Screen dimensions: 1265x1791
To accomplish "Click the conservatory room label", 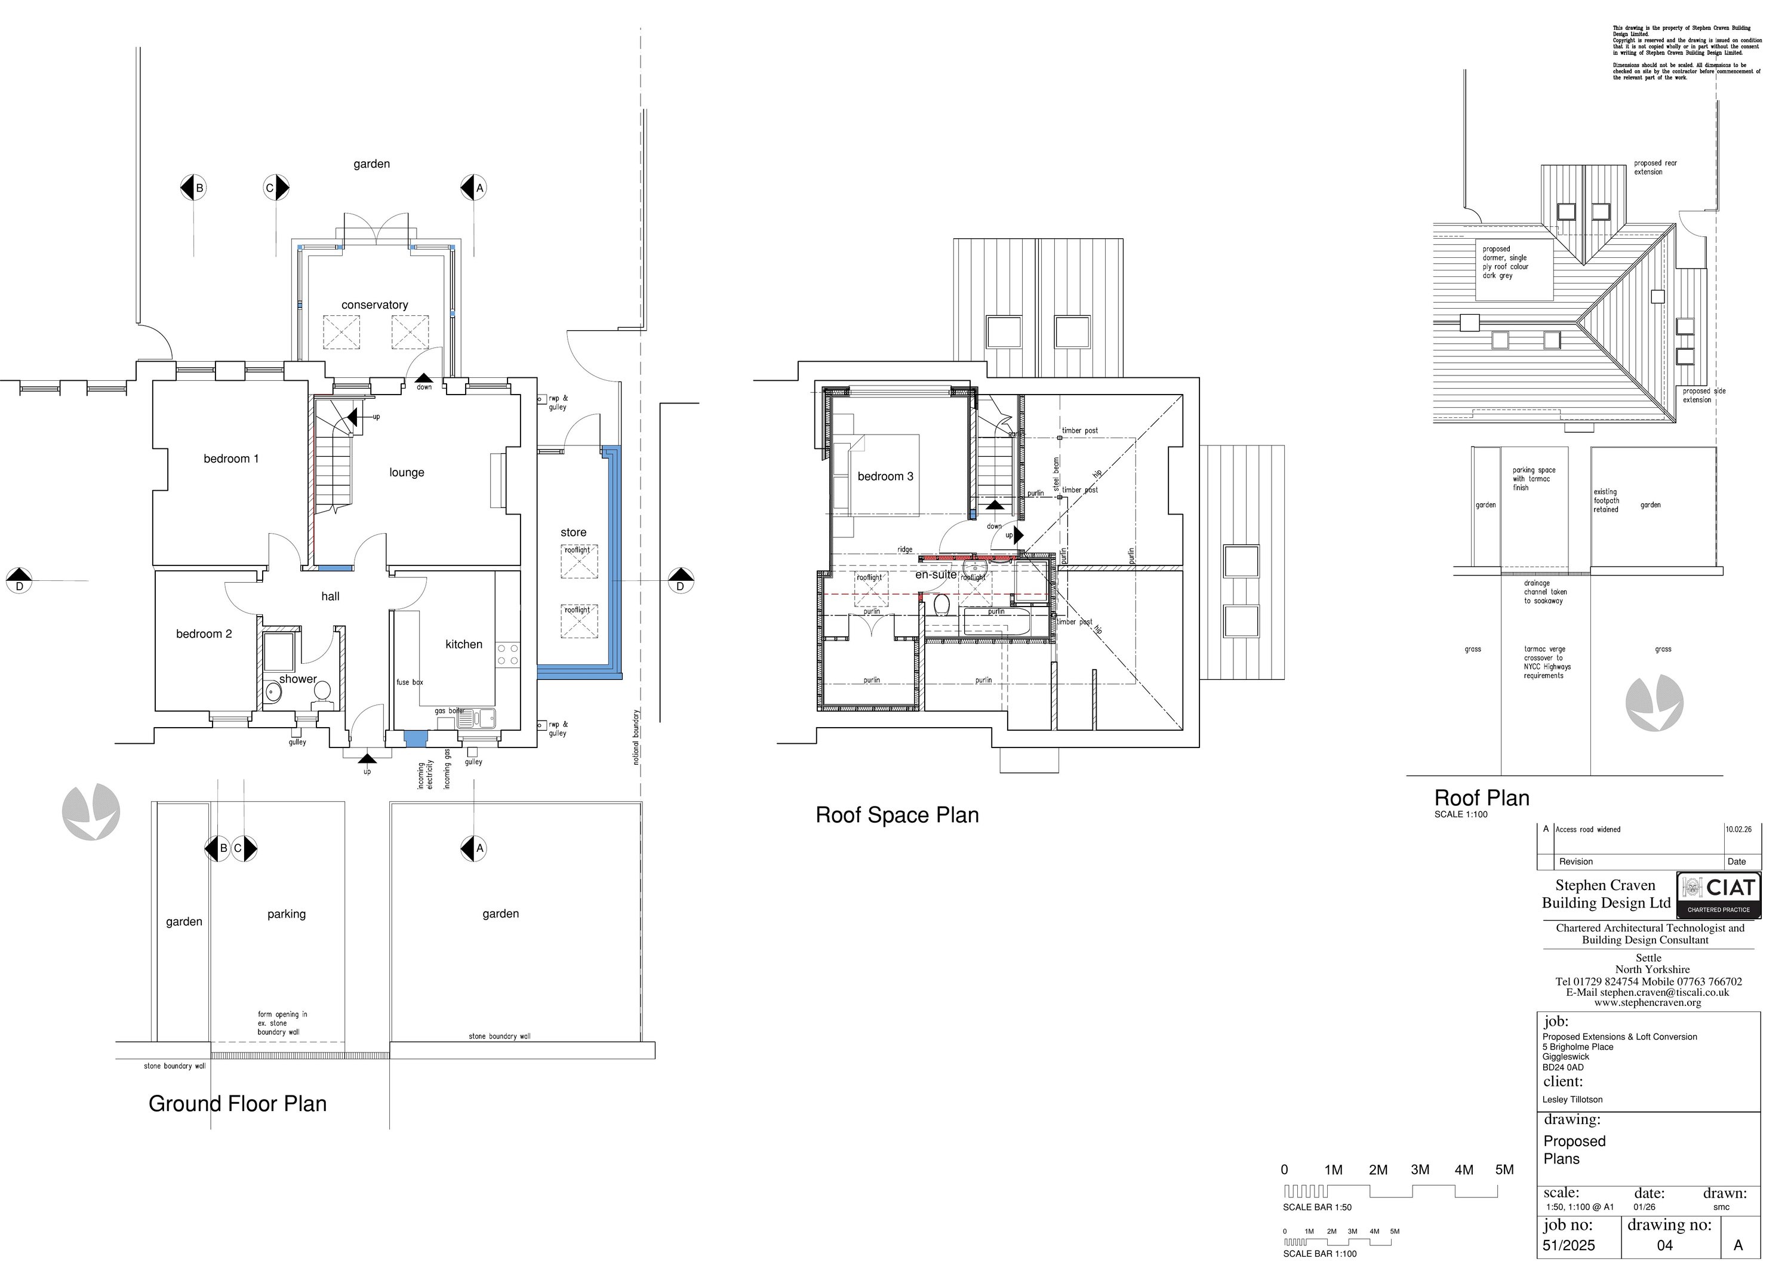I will click(374, 305).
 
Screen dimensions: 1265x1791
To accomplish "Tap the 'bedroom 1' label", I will click(231, 458).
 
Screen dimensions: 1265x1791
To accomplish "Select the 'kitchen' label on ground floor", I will click(463, 644).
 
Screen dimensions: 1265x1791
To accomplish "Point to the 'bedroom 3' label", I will click(885, 476).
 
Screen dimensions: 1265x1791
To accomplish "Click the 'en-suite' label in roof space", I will click(935, 575).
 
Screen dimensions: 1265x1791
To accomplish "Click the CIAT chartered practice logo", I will click(1718, 894).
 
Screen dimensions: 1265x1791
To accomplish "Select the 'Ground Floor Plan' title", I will click(237, 1104).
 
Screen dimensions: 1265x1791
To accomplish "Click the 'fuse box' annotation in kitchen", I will click(410, 682).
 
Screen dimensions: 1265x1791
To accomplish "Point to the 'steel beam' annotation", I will click(1057, 476).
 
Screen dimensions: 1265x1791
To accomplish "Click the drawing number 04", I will click(1664, 1245).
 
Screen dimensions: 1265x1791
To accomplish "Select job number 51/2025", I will click(1569, 1245).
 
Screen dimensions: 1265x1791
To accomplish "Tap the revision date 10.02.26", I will click(1738, 830).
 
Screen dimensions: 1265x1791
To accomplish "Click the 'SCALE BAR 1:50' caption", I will click(1318, 1207).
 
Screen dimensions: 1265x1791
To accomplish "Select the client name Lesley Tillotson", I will click(1572, 1100).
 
